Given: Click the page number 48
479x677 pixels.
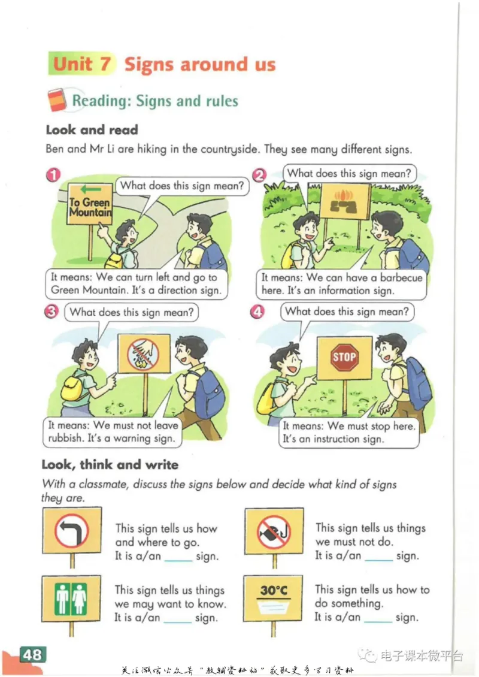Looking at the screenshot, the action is click(x=32, y=654).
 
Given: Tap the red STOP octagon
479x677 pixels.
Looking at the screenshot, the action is click(x=344, y=358).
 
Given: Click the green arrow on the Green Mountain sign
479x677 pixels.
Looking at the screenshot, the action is click(x=90, y=189).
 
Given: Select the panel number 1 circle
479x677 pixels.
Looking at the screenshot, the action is click(x=53, y=175).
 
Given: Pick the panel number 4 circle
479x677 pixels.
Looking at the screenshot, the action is click(x=257, y=312).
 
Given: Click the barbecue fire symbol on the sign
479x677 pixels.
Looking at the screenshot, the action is click(x=344, y=201).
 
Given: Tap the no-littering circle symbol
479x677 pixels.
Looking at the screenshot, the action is click(x=143, y=353).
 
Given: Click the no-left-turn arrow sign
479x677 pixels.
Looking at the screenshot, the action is click(x=72, y=531).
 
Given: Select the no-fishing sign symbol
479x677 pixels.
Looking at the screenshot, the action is click(x=274, y=531).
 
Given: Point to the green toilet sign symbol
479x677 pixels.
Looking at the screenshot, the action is click(x=71, y=599).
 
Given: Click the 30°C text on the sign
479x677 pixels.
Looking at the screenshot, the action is click(x=274, y=590).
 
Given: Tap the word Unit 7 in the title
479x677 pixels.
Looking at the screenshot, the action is click(x=82, y=64).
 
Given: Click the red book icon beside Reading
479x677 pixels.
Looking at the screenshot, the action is click(x=57, y=100).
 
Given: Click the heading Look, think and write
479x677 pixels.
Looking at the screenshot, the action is click(x=110, y=465).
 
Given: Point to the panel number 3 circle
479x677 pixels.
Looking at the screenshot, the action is click(x=51, y=312).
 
